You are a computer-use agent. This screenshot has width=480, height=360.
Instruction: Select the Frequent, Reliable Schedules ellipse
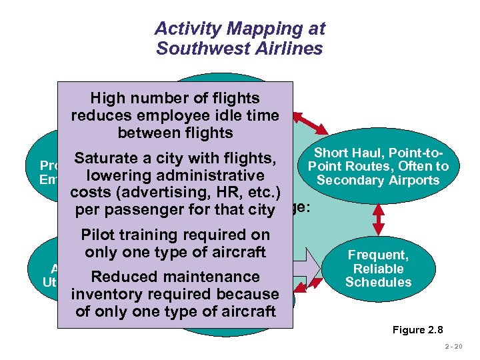pyautogui.click(x=378, y=268)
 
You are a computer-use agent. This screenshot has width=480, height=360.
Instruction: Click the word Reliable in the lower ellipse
pyautogui.click(x=378, y=269)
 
